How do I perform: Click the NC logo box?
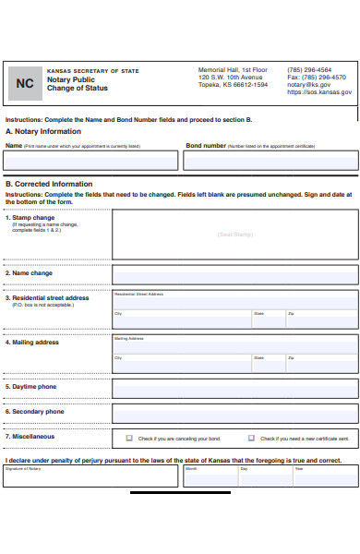(23, 83)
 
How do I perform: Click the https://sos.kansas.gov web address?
(318, 92)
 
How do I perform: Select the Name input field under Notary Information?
(91, 161)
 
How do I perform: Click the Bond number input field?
(270, 161)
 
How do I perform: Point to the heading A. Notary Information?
(43, 131)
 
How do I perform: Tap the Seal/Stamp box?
(234, 235)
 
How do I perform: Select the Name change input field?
(234, 274)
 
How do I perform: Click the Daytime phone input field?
(234, 387)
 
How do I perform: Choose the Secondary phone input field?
(234, 412)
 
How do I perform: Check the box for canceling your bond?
(129, 438)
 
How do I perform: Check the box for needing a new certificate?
(251, 438)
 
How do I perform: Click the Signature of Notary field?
(90, 476)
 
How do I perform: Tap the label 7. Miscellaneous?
(30, 437)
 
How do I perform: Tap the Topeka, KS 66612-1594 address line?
(233, 85)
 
